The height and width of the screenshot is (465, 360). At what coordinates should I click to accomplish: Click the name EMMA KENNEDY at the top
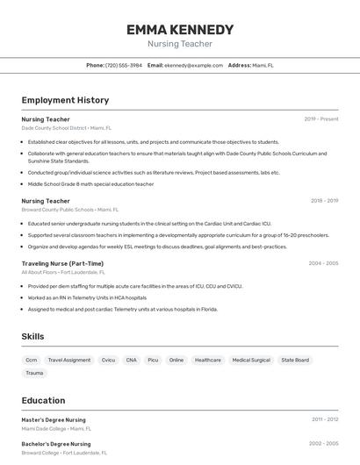click(x=180, y=30)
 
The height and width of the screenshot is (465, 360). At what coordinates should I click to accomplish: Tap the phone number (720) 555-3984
click(x=124, y=66)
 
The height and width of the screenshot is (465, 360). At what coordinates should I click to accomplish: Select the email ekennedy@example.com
click(x=194, y=66)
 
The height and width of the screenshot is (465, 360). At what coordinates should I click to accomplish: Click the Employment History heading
click(x=65, y=101)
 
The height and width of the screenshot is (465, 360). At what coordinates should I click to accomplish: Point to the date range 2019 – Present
click(x=321, y=119)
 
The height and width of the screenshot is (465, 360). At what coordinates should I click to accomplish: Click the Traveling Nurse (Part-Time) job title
click(x=62, y=263)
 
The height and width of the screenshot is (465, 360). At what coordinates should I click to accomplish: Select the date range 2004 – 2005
click(x=323, y=263)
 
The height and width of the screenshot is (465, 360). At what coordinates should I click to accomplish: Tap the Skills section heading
click(x=33, y=337)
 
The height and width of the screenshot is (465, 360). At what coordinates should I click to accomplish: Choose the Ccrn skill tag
click(x=32, y=360)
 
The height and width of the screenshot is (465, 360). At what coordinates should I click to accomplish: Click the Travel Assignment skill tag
click(x=69, y=360)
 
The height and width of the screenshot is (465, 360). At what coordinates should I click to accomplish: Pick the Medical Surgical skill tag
click(x=251, y=360)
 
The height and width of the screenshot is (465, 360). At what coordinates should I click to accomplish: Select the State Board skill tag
click(x=295, y=360)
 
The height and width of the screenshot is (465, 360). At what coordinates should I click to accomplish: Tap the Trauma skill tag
click(x=34, y=373)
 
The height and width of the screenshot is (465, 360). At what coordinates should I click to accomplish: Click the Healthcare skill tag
click(x=208, y=360)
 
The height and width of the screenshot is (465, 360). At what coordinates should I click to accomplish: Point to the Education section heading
click(x=44, y=401)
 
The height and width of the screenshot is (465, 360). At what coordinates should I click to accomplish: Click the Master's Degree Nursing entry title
click(x=54, y=420)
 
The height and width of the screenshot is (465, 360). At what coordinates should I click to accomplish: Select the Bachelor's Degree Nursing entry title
click(x=56, y=444)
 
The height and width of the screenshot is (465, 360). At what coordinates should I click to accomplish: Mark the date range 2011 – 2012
click(x=323, y=420)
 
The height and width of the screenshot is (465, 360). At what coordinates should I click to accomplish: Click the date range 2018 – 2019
click(x=323, y=201)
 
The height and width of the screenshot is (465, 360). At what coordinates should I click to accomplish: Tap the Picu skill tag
click(x=153, y=360)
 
